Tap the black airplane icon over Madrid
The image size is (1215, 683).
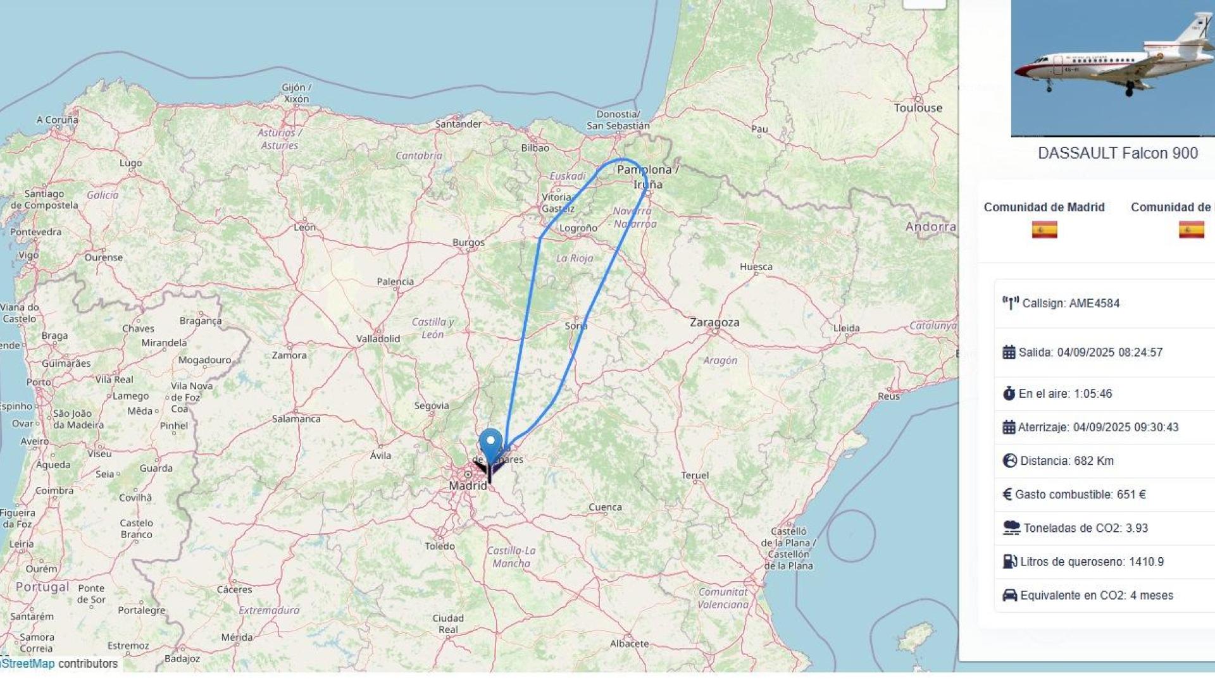pyautogui.click(x=490, y=469)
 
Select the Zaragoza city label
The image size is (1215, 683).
pyautogui.click(x=714, y=323)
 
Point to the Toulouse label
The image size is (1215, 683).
pyautogui.click(x=918, y=108)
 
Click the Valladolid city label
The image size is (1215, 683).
pyautogui.click(x=378, y=339)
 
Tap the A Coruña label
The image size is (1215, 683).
pyautogui.click(x=58, y=120)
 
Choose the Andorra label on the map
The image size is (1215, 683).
pyautogui.click(x=930, y=226)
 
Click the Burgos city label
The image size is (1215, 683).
pyautogui.click(x=468, y=242)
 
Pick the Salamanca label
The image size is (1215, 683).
pyautogui.click(x=296, y=419)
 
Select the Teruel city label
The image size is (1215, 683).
pyautogui.click(x=695, y=476)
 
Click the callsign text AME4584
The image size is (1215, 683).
pyautogui.click(x=1094, y=304)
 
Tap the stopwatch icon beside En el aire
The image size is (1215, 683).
pyautogui.click(x=1009, y=393)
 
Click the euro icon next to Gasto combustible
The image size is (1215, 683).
pyautogui.click(x=1007, y=495)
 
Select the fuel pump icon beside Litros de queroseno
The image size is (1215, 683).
pyautogui.click(x=1009, y=562)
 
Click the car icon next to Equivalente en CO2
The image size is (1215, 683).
pyautogui.click(x=1009, y=595)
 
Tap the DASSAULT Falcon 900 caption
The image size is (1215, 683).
pyautogui.click(x=1118, y=153)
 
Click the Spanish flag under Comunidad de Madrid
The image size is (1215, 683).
pyautogui.click(x=1044, y=229)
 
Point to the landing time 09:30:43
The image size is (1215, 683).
pyautogui.click(x=1156, y=428)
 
